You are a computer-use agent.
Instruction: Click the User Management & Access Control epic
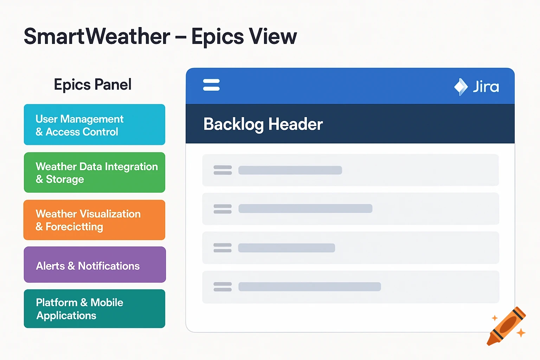pos(94,124)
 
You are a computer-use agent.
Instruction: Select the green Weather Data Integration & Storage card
pos(94,172)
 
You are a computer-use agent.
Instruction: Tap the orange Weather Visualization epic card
pos(94,220)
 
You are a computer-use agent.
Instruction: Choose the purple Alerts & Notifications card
pos(95,265)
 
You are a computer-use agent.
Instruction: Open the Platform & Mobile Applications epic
pos(94,309)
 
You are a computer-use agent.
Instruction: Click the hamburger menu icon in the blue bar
pos(211,85)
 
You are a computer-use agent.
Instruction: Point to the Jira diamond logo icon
pos(461,87)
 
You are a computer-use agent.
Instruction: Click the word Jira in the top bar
pos(486,87)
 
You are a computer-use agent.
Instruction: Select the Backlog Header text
pos(263,124)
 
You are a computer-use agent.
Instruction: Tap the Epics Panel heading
pos(93,85)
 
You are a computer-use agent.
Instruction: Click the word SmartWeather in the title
pos(97,36)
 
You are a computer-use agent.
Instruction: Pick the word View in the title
pos(273,36)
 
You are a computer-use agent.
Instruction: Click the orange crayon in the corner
pos(506,326)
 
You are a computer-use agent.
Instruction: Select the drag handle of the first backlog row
pos(223,170)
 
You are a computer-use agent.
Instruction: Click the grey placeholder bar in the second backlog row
pos(305,209)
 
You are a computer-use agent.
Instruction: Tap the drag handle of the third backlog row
pos(223,248)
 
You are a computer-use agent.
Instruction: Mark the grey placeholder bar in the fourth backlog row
pos(309,287)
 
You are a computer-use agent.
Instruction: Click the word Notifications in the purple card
pos(109,266)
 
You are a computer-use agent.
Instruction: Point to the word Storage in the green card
pos(65,179)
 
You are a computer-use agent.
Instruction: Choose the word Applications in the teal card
pos(66,316)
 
